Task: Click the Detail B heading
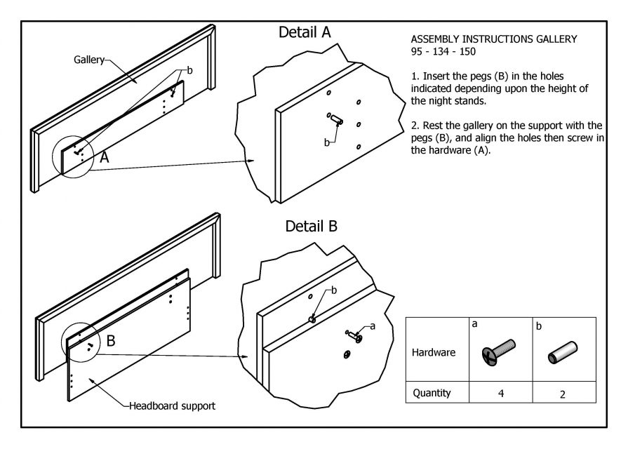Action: click(x=312, y=227)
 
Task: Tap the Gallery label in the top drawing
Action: click(x=88, y=60)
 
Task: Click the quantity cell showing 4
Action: click(x=501, y=394)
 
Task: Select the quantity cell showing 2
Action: click(x=563, y=394)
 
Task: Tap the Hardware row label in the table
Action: click(x=433, y=352)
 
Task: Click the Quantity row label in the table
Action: click(x=432, y=394)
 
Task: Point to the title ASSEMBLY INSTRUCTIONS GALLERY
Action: click(x=494, y=39)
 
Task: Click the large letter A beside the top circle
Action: click(x=104, y=158)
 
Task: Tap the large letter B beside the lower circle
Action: click(x=111, y=342)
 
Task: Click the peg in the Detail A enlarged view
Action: click(x=334, y=119)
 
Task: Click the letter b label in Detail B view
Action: click(x=334, y=290)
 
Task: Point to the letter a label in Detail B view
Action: click(x=373, y=326)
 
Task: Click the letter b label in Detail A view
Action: click(x=326, y=142)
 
